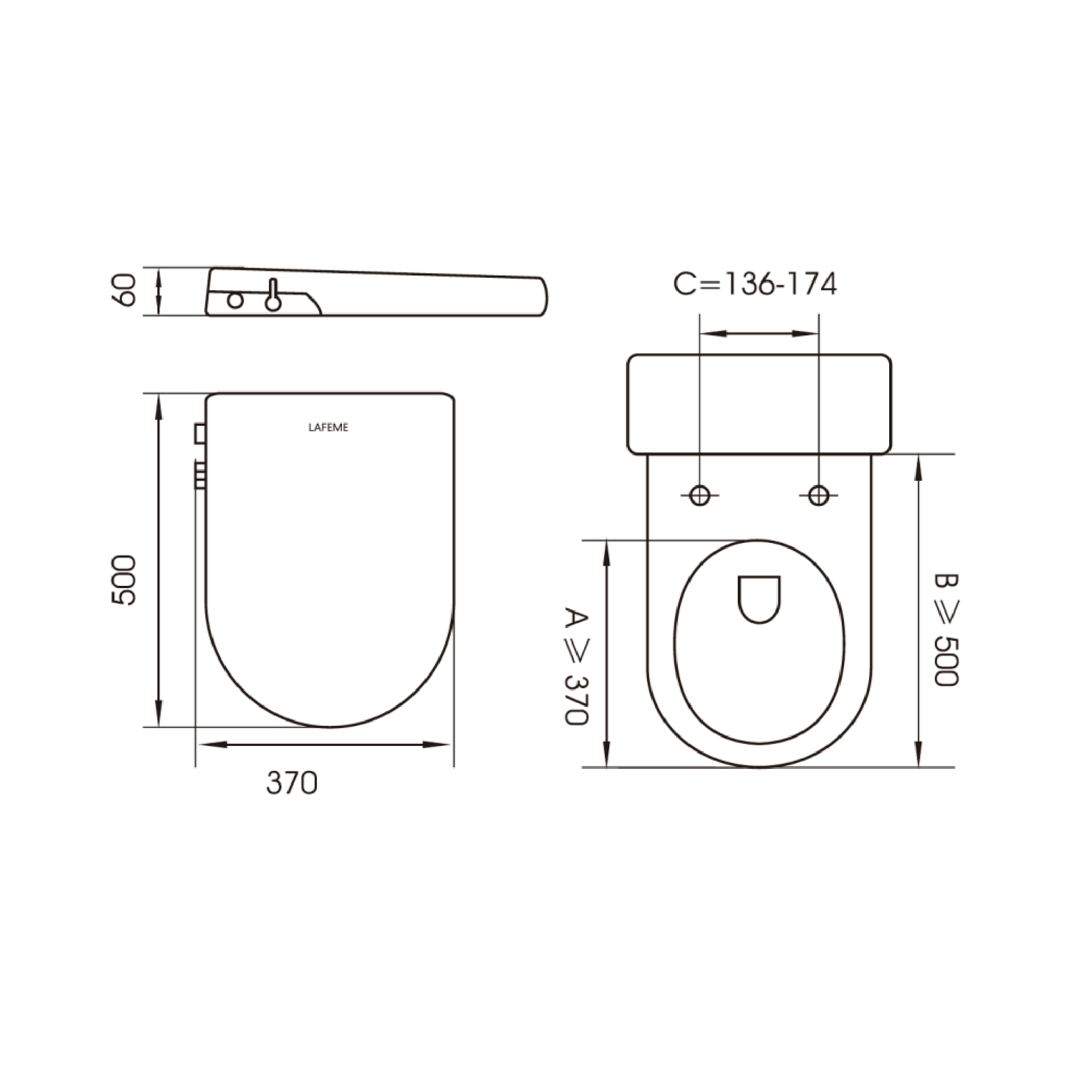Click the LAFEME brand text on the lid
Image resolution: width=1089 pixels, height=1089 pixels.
[x=328, y=427]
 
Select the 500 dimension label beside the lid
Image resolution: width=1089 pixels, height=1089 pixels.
[x=124, y=580]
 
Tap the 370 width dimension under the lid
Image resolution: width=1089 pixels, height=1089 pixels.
[x=292, y=783]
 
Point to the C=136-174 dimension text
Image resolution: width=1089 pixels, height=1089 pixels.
[x=755, y=284]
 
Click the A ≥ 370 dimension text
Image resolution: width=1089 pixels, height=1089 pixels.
[x=576, y=666]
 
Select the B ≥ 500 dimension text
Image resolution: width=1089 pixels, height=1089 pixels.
[x=946, y=630]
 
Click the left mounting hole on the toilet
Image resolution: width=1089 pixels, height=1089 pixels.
[x=700, y=495]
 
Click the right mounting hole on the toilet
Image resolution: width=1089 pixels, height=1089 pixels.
[x=819, y=495]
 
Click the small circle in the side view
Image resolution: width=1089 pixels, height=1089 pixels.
[x=235, y=301]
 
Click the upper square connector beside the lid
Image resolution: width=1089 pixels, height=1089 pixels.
[x=200, y=434]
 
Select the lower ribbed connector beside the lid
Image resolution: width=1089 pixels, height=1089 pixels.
[x=200, y=475]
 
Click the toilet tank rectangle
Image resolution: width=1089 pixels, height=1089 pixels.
[x=759, y=404]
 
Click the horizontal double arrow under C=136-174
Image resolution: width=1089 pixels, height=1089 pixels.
[x=759, y=334]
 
